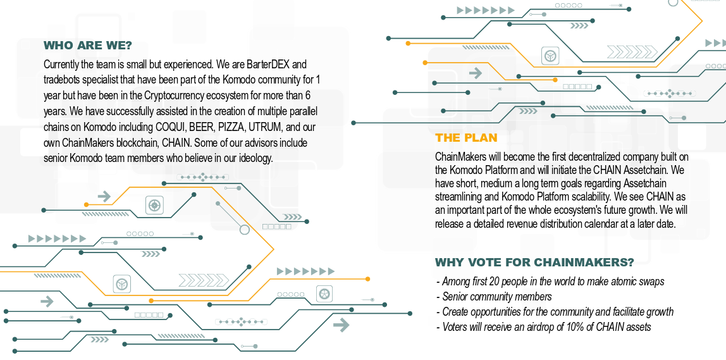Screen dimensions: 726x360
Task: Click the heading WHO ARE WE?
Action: point(87,46)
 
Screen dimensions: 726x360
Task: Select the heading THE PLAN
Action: point(466,138)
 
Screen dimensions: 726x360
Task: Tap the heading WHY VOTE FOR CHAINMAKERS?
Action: point(534,263)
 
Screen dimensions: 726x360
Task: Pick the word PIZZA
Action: point(235,127)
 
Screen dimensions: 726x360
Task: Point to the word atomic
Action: point(618,282)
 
